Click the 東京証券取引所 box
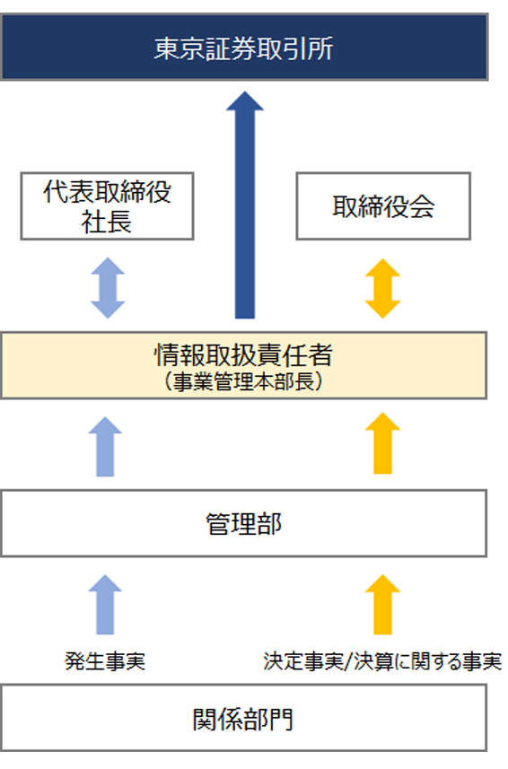[244, 47]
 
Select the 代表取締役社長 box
[108, 206]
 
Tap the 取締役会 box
[383, 206]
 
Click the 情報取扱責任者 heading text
[244, 355]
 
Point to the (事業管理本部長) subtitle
[244, 381]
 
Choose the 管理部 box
[244, 523]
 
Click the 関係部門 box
[244, 718]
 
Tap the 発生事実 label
[105, 661]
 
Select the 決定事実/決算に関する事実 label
[382, 661]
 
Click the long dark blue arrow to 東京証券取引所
[245, 205]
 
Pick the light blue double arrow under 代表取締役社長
[108, 288]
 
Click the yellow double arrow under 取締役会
[383, 288]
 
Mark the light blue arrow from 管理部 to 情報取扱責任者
[105, 446]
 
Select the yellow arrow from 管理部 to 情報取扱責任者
[383, 443]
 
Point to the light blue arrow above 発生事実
[105, 605]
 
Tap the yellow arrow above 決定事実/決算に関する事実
[383, 605]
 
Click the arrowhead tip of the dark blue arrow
[245, 92]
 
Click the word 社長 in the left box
[107, 223]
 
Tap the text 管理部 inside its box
[244, 524]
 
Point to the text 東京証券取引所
[244, 48]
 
